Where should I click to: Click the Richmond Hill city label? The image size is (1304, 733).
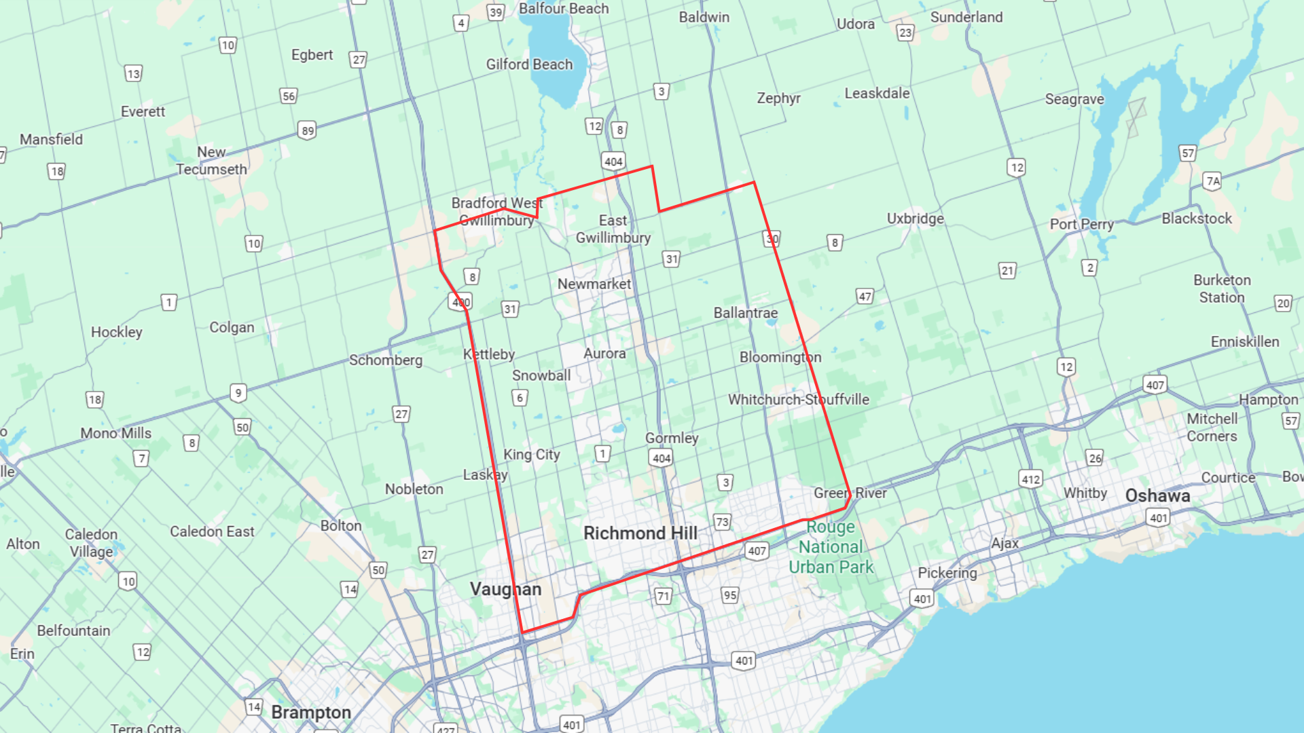point(640,533)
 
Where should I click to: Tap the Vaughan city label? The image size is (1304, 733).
point(505,589)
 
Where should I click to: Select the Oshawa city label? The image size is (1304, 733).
point(1157,496)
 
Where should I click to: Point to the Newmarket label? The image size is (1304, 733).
point(594,284)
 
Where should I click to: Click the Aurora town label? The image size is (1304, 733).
point(604,354)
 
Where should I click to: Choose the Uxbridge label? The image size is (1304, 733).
point(915,219)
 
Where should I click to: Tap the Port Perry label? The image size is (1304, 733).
point(1081,225)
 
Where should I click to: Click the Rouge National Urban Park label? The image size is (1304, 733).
point(831,547)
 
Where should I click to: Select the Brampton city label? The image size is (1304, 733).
point(311,713)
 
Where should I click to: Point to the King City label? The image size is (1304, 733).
point(531,455)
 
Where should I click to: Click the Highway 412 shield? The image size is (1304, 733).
point(1030,479)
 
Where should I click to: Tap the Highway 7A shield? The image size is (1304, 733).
point(1212,181)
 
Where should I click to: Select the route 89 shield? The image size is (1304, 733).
point(308,131)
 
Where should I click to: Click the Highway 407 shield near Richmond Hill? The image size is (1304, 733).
point(757,551)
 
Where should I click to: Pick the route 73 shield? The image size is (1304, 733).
point(722,522)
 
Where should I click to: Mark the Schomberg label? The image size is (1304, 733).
point(385,360)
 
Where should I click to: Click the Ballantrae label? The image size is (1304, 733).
point(745,313)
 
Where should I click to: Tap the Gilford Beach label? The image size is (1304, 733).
point(529,64)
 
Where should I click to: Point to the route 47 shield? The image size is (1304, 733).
point(865,297)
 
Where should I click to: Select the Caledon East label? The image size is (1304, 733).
point(212,532)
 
